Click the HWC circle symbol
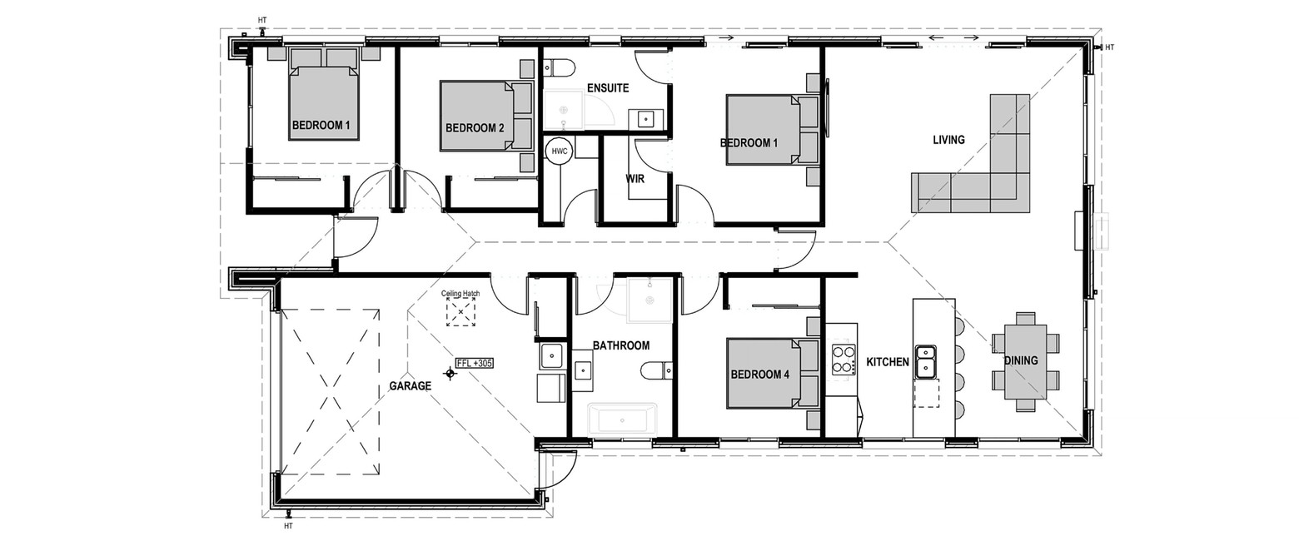(x=559, y=151)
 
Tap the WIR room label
(x=635, y=179)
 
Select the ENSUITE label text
(x=608, y=88)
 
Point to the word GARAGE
(x=410, y=385)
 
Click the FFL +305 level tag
(x=475, y=364)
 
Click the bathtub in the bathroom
(x=622, y=419)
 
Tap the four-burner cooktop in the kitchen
(x=844, y=359)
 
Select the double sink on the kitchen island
(x=926, y=361)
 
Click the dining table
(x=1025, y=361)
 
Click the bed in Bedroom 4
(x=773, y=374)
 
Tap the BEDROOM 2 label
(x=475, y=128)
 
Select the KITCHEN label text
(x=888, y=362)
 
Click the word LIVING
(x=948, y=140)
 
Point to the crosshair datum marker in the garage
(x=450, y=374)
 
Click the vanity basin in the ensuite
(x=646, y=120)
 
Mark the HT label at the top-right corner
(x=1109, y=47)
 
